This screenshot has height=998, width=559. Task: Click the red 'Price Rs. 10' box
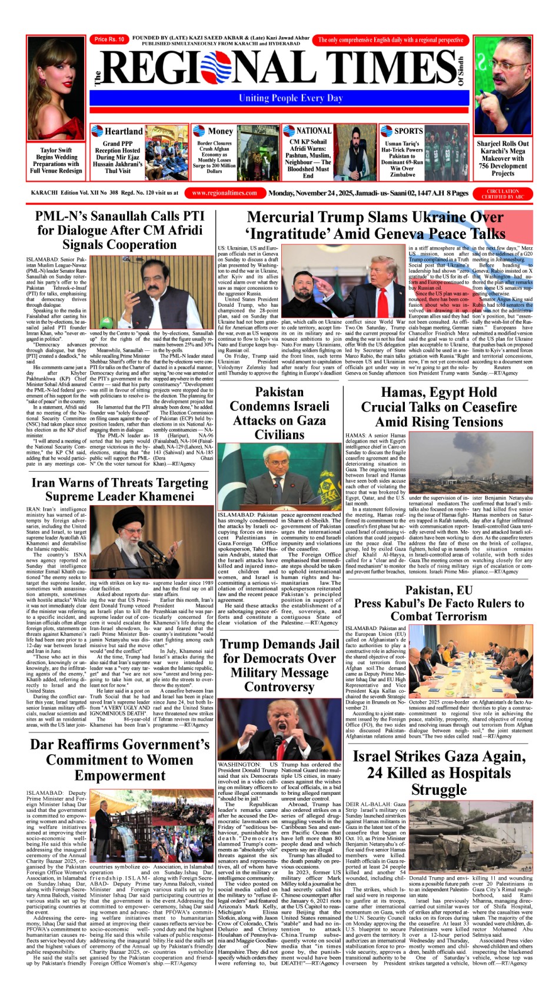(x=109, y=39)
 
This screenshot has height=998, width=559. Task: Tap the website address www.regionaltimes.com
(x=225, y=193)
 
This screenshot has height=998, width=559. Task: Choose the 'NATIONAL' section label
(x=314, y=131)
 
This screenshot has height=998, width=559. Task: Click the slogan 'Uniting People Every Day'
(x=291, y=98)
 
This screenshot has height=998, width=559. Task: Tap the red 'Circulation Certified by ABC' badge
(x=503, y=193)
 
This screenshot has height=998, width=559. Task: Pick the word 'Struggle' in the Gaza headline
(x=439, y=789)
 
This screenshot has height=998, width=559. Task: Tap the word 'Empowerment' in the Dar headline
(x=120, y=775)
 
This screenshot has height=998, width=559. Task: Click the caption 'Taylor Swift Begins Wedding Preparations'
(x=56, y=160)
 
